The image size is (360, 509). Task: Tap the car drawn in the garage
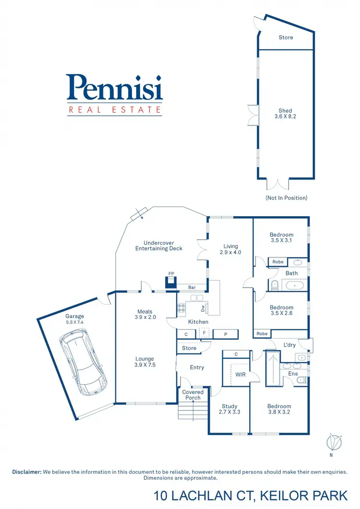[83, 364]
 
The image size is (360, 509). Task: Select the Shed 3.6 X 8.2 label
[285, 113]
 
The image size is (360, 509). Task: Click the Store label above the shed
[286, 37]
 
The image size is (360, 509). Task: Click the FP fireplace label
[171, 274]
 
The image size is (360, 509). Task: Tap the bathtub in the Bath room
[293, 286]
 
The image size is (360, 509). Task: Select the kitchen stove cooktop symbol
[182, 307]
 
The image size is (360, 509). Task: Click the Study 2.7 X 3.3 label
[229, 409]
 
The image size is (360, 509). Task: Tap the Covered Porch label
[193, 395]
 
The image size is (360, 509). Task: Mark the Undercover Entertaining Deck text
[158, 246]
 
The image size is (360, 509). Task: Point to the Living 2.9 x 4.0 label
[230, 249]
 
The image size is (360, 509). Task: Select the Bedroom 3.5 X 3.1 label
[281, 238]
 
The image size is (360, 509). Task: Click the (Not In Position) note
[286, 198]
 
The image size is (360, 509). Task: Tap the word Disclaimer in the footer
[27, 472]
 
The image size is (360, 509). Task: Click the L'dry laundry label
[289, 345]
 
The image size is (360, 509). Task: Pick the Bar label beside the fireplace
[192, 288]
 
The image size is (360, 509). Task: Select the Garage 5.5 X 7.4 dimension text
[75, 319]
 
